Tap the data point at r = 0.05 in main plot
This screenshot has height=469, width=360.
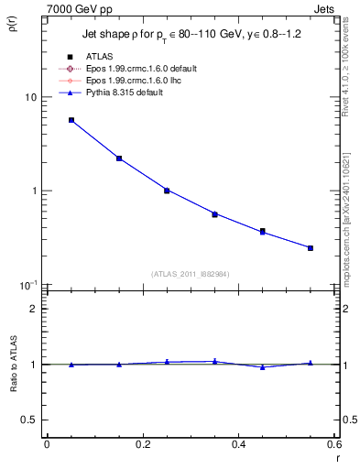71,120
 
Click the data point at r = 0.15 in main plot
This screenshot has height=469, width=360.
119,158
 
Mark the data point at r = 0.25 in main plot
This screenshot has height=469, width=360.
167,191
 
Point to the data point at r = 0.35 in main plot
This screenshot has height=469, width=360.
214,214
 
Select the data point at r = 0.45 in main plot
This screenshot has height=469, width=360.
263,232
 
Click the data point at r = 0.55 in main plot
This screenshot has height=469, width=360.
311,248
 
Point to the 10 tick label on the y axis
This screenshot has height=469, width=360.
29,97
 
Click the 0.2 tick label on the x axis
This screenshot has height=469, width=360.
142,444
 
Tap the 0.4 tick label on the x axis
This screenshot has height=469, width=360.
238,444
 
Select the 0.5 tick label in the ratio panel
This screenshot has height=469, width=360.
27,420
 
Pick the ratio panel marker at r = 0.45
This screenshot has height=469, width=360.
263,367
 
